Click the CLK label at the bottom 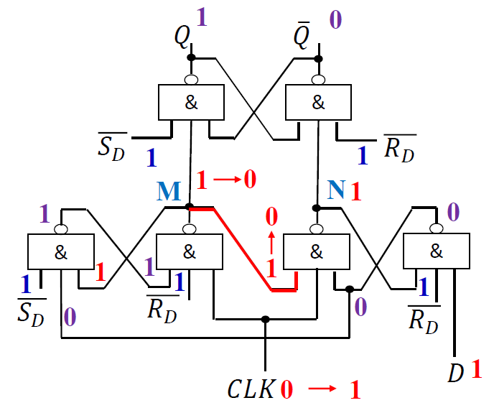251,390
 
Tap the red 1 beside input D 476,370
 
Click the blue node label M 169,191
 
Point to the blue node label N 335,190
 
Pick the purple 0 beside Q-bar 335,19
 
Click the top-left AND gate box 190,102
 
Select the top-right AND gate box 318,102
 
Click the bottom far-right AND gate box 435,251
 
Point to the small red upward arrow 271,238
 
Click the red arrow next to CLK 321,390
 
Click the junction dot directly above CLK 266,318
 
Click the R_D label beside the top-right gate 399,145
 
